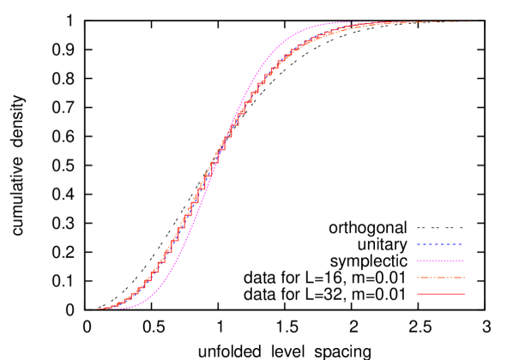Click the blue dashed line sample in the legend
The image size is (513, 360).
point(440,244)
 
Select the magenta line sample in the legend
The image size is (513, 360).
point(440,261)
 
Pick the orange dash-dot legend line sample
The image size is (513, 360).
point(440,278)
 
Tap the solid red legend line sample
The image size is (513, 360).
point(440,294)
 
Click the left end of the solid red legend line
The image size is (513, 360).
point(418,294)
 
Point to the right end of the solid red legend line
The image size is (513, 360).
point(465,294)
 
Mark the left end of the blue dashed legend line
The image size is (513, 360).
point(418,244)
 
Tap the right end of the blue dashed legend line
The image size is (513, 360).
point(463,244)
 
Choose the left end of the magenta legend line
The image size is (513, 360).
point(418,261)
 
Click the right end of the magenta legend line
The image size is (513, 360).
point(464,261)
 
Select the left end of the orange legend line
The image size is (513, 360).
point(418,278)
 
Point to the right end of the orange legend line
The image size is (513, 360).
point(465,278)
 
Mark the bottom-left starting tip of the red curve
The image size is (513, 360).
point(95,309)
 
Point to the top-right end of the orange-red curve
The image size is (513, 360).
point(483,21)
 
